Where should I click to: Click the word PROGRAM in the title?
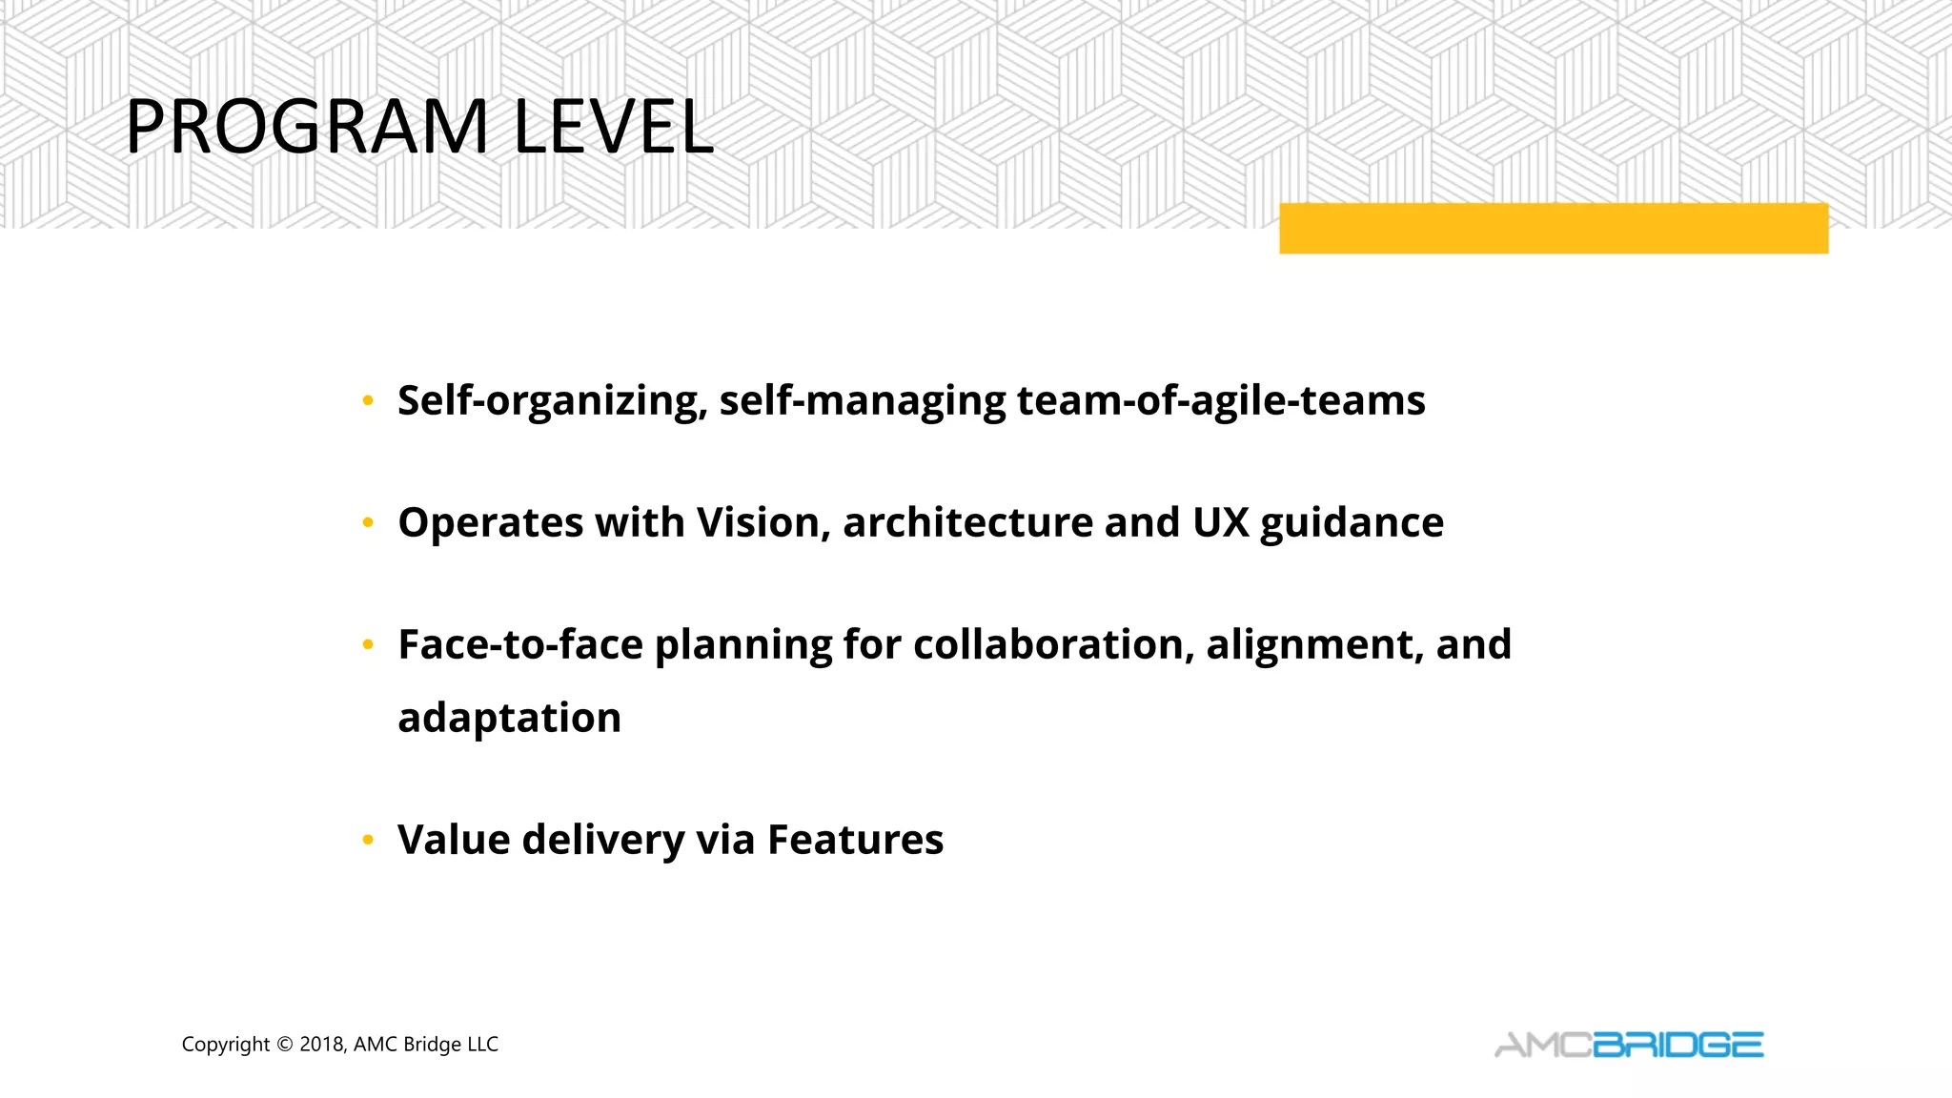pos(307,127)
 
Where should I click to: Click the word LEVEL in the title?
pos(613,127)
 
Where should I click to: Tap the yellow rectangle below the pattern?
pos(1553,229)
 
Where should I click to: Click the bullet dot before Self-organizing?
pos(368,401)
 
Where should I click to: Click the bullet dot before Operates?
pos(368,523)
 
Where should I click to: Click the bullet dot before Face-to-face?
pos(368,645)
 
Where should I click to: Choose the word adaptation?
pos(509,719)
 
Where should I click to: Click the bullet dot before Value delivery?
pos(368,841)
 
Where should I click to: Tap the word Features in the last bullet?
pos(855,841)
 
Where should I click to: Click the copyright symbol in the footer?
pos(284,1045)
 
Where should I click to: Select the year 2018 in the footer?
pos(321,1045)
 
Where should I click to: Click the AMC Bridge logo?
pos(1628,1046)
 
